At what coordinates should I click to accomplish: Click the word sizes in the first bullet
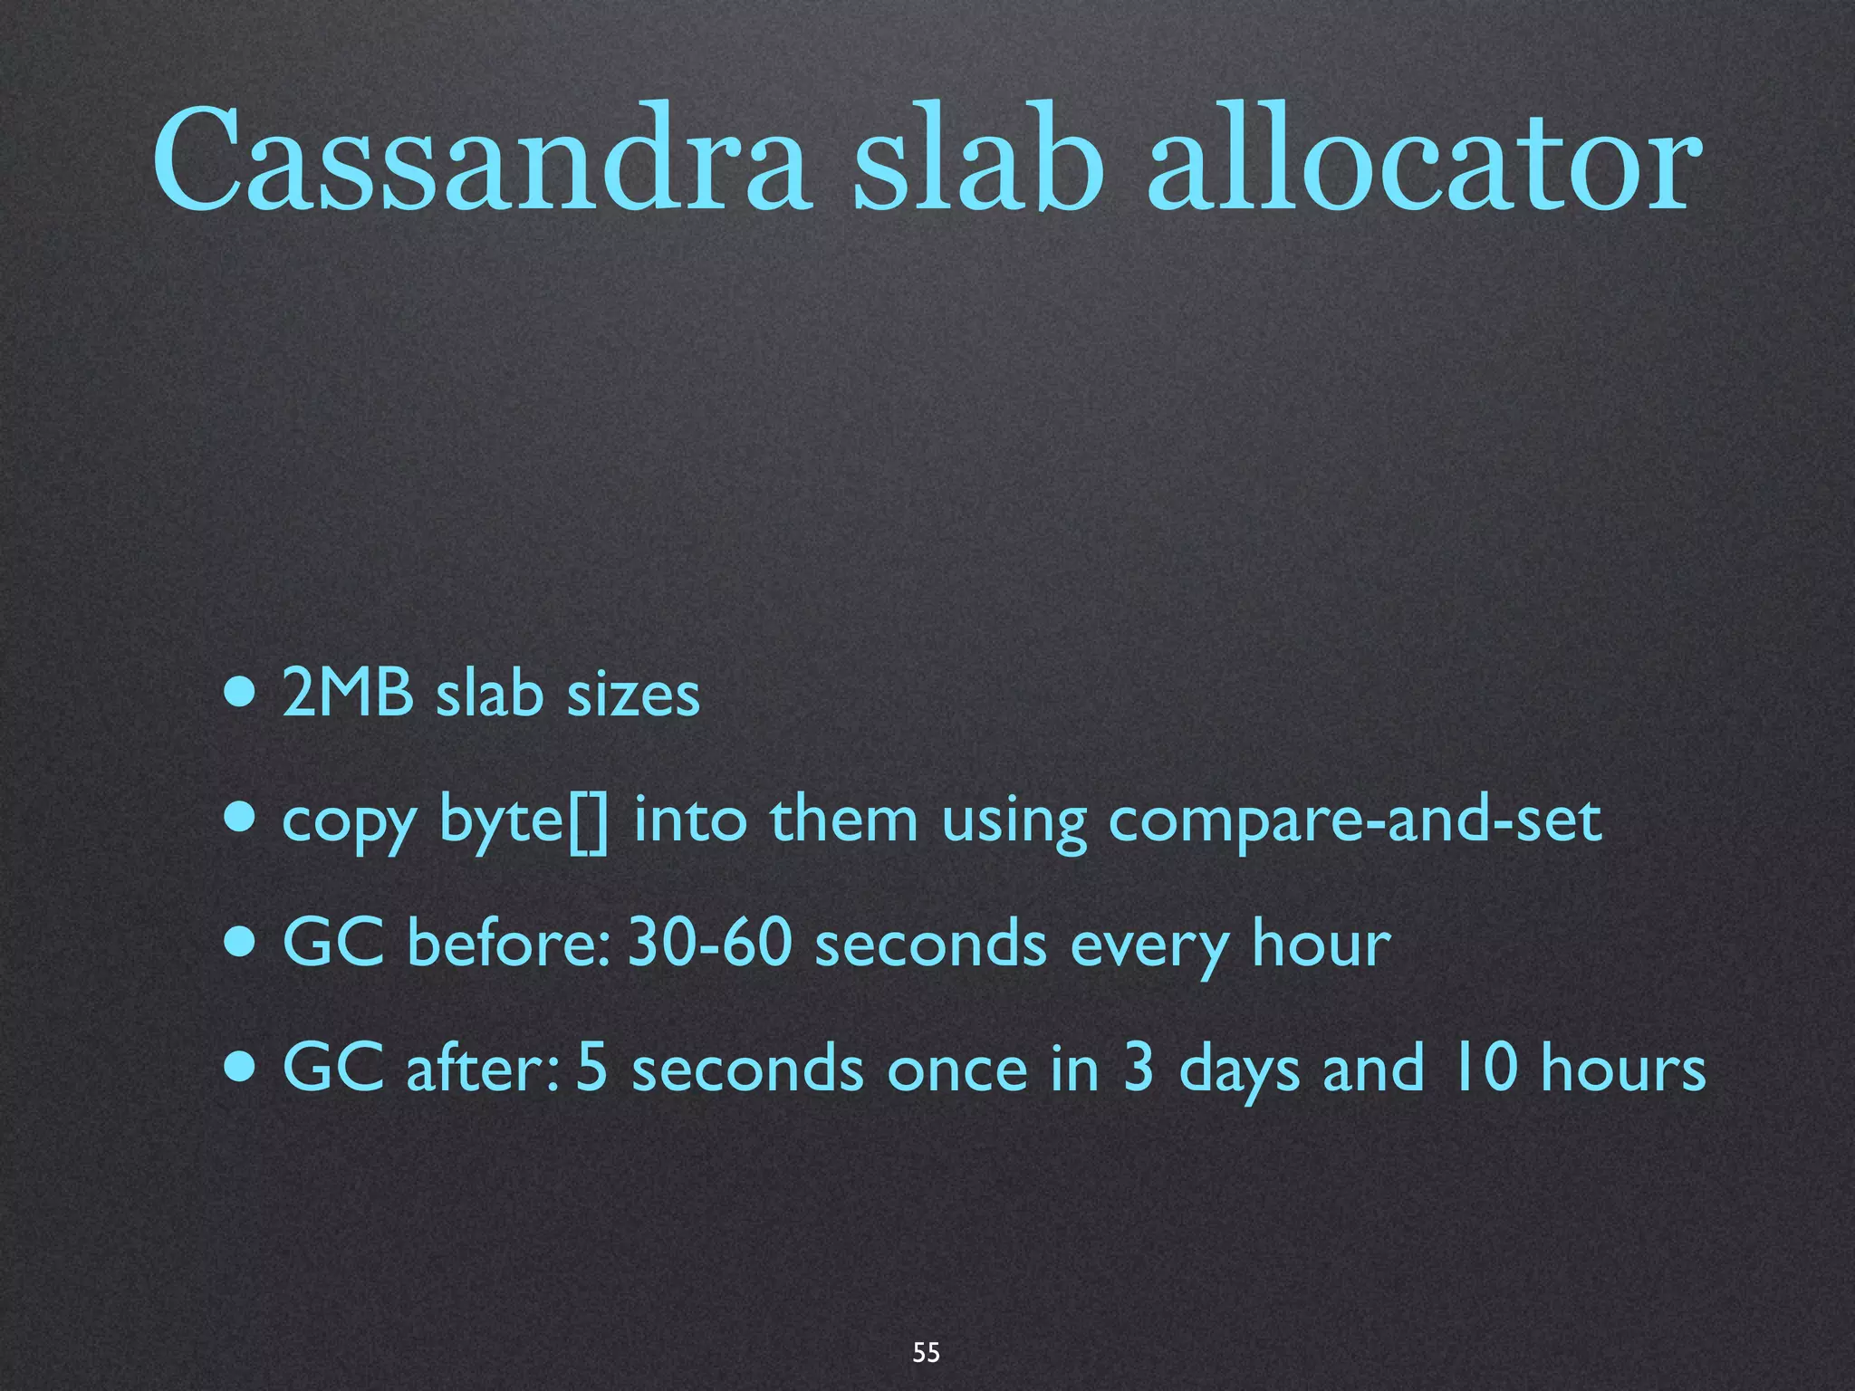point(633,694)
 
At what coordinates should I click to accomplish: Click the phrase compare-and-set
point(1355,820)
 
